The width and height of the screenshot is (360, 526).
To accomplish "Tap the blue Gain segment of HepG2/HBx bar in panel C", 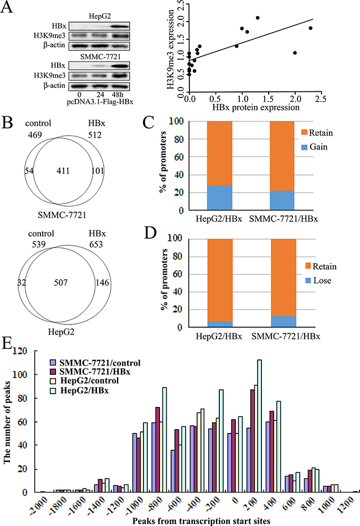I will [219, 198].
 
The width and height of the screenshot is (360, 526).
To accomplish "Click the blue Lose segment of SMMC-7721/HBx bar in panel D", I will [283, 322].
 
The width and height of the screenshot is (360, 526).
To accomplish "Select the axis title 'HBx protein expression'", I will [257, 108].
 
